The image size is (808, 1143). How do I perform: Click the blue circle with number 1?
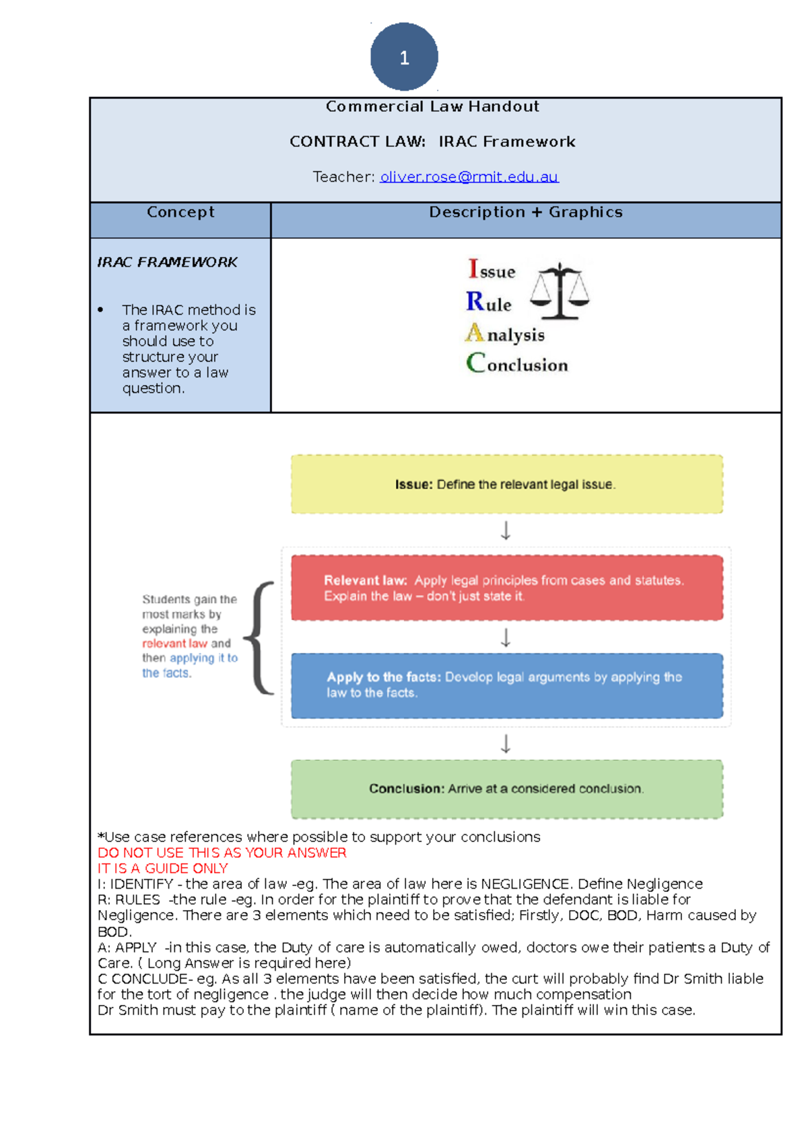pyautogui.click(x=404, y=57)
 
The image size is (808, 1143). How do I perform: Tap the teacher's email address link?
pyautogui.click(x=469, y=177)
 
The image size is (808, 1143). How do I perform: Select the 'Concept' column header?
pyautogui.click(x=180, y=212)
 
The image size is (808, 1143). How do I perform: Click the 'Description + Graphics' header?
pyautogui.click(x=526, y=212)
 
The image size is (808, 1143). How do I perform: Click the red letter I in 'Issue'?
pyautogui.click(x=473, y=269)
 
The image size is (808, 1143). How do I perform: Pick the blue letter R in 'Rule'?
pyautogui.click(x=475, y=301)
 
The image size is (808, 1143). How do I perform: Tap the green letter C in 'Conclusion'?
pyautogui.click(x=475, y=363)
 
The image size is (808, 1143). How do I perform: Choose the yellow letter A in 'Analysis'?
pyautogui.click(x=475, y=333)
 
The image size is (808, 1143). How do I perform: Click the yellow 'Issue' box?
pyautogui.click(x=506, y=485)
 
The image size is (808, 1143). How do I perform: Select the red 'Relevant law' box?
pyautogui.click(x=506, y=588)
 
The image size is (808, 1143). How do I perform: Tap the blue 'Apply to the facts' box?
pyautogui.click(x=506, y=685)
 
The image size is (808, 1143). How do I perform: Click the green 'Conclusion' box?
pyautogui.click(x=506, y=789)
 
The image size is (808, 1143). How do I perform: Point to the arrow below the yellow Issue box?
pyautogui.click(x=506, y=530)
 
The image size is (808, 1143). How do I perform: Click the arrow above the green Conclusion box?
pyautogui.click(x=506, y=744)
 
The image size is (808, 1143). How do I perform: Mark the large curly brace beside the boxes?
pyautogui.click(x=260, y=637)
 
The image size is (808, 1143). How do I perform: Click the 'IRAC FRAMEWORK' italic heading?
pyautogui.click(x=167, y=262)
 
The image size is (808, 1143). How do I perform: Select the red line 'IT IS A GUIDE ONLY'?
pyautogui.click(x=163, y=868)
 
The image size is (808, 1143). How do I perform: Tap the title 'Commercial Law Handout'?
pyautogui.click(x=432, y=106)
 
